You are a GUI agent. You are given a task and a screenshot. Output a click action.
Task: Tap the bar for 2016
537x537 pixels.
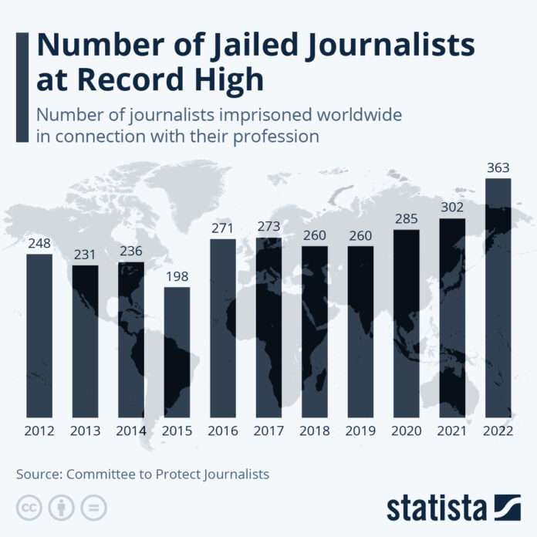[223, 328]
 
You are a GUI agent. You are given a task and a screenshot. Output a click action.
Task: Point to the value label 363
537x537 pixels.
[498, 167]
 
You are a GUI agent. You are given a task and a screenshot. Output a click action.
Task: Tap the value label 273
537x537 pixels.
[268, 227]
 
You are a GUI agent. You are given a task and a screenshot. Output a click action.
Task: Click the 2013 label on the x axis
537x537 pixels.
[86, 431]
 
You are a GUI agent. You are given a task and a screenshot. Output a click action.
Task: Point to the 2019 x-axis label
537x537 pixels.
[360, 431]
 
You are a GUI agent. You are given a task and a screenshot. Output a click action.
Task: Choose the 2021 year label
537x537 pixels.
[452, 431]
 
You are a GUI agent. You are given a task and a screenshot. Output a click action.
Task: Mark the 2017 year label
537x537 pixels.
[268, 431]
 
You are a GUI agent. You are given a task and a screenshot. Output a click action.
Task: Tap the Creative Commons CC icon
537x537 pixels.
[29, 507]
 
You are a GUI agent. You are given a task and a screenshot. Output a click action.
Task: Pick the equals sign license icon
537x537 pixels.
[93, 507]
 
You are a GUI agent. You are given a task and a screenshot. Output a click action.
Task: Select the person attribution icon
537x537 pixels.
[61, 507]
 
